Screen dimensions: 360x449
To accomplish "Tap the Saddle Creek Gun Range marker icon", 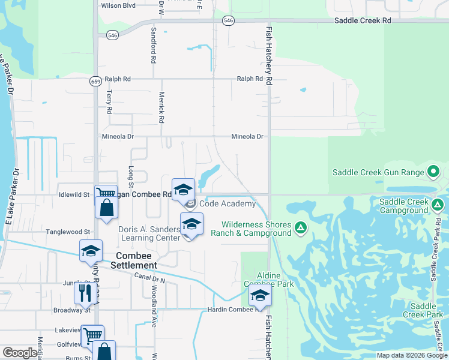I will (x=433, y=173).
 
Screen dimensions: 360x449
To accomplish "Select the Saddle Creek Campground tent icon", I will (x=438, y=206).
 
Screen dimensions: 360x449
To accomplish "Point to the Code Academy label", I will (x=228, y=203).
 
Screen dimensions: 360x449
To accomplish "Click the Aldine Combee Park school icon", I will (x=260, y=295).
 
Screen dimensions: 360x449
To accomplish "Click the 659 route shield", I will (x=95, y=82).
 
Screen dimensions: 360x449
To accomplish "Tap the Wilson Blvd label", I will (x=119, y=5).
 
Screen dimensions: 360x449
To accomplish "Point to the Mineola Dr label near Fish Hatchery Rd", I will (x=247, y=137).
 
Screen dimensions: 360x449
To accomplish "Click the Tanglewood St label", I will (x=68, y=232).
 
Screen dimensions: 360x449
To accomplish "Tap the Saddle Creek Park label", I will (x=423, y=310).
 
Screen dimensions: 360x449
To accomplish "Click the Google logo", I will (x=20, y=353).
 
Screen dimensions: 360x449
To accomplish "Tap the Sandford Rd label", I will (x=154, y=46).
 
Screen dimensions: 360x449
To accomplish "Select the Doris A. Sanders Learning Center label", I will (x=149, y=233).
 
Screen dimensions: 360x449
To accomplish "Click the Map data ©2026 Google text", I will (x=411, y=355).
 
